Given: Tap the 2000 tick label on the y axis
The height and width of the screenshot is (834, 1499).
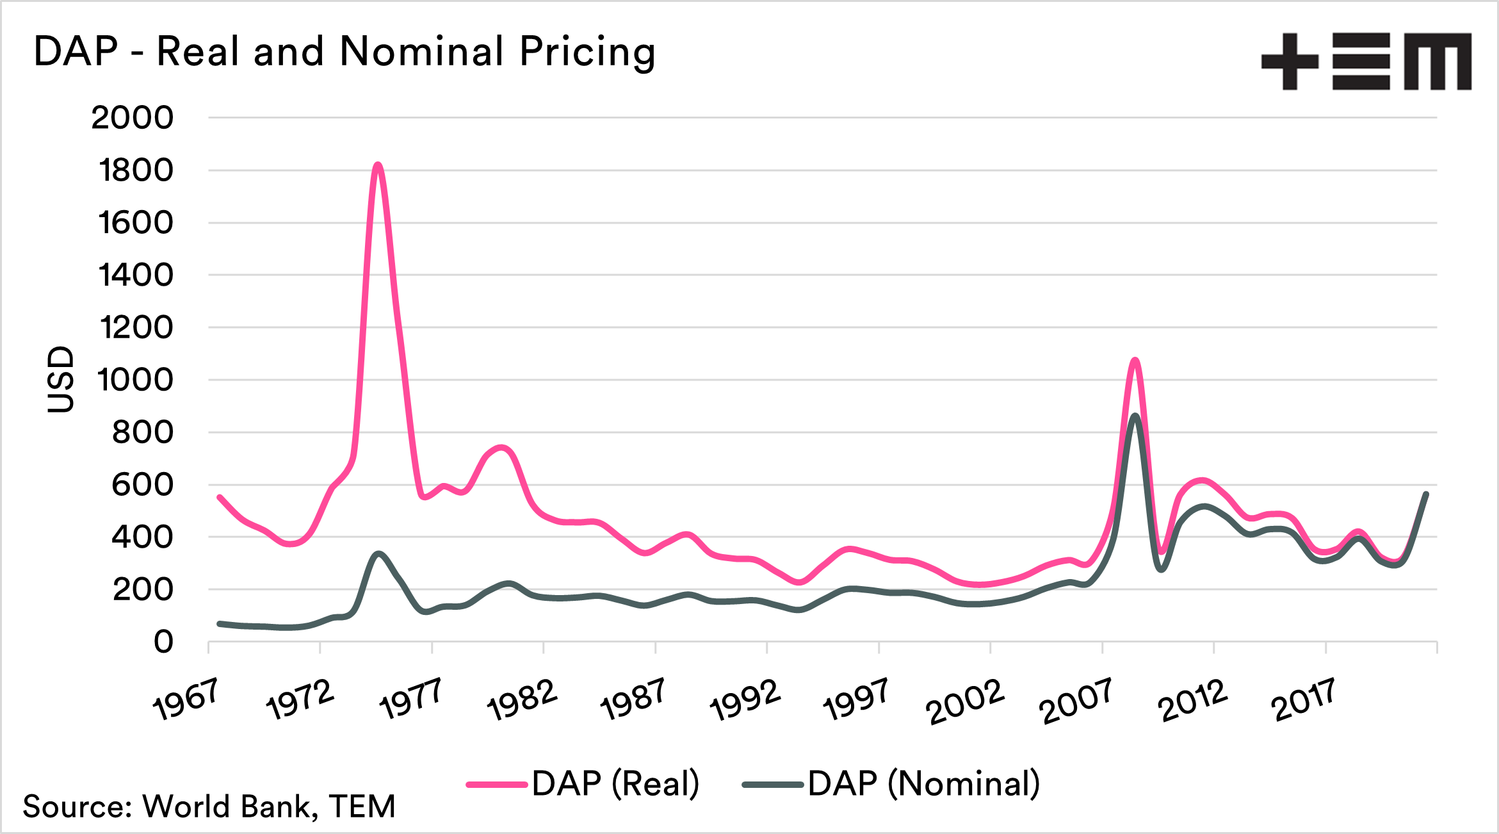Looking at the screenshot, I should click(132, 118).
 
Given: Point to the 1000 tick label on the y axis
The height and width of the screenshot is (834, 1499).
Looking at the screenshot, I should click(135, 380).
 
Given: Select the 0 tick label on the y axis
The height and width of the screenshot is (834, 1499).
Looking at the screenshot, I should click(163, 641).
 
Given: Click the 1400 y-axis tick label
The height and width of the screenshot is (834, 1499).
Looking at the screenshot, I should click(136, 275).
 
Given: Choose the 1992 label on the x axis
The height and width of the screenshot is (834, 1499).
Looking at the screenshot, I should click(745, 699).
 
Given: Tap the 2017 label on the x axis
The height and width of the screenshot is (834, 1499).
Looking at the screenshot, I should click(1304, 699).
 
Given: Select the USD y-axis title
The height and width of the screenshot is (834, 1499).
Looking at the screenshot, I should click(61, 379).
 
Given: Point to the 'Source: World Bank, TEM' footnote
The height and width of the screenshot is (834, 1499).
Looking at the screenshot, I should click(209, 806).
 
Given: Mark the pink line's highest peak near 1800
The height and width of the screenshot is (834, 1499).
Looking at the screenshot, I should click(378, 165).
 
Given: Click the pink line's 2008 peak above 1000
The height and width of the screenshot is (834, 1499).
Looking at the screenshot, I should click(1135, 360).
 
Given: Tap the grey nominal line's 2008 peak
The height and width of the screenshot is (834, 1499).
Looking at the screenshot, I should click(1135, 416).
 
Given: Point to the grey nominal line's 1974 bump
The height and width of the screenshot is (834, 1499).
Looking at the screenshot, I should click(378, 553).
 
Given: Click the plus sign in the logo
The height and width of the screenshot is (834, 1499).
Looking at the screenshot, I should click(1290, 61).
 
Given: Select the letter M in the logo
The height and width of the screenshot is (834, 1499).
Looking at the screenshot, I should click(1438, 62).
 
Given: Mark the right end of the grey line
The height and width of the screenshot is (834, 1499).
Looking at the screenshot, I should click(1426, 494).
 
